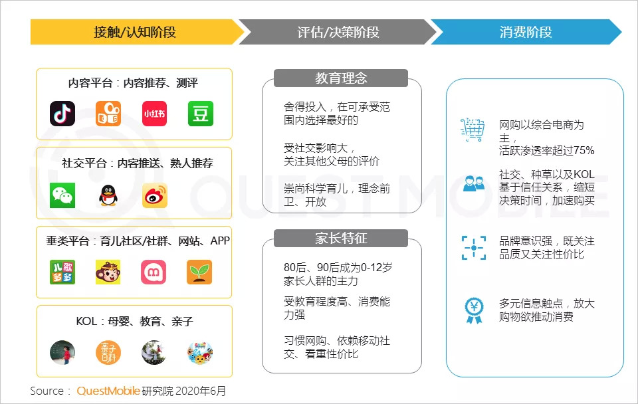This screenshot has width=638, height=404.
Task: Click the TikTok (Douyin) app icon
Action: (62, 114)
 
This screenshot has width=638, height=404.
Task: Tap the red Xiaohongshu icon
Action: (154, 114)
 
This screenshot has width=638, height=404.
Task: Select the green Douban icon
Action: (199, 114)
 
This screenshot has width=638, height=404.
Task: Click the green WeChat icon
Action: (62, 195)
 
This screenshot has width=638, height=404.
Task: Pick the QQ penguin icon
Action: (108, 195)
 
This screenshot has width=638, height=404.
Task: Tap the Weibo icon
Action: (154, 195)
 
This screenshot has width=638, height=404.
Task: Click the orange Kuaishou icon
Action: (108, 114)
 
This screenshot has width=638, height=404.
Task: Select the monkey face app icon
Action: (108, 272)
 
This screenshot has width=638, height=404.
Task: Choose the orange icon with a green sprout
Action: (199, 272)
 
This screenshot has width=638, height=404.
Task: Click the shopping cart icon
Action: (473, 130)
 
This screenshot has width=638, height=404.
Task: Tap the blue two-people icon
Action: (473, 183)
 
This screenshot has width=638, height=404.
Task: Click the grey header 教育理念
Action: (341, 78)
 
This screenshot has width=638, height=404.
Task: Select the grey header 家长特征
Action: (341, 238)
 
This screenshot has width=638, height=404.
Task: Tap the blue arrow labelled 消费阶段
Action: (525, 32)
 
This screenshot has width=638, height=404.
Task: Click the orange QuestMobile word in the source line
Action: (108, 391)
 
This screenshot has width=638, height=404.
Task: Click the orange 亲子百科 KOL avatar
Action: (108, 352)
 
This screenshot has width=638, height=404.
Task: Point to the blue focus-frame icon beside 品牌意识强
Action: (473, 247)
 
